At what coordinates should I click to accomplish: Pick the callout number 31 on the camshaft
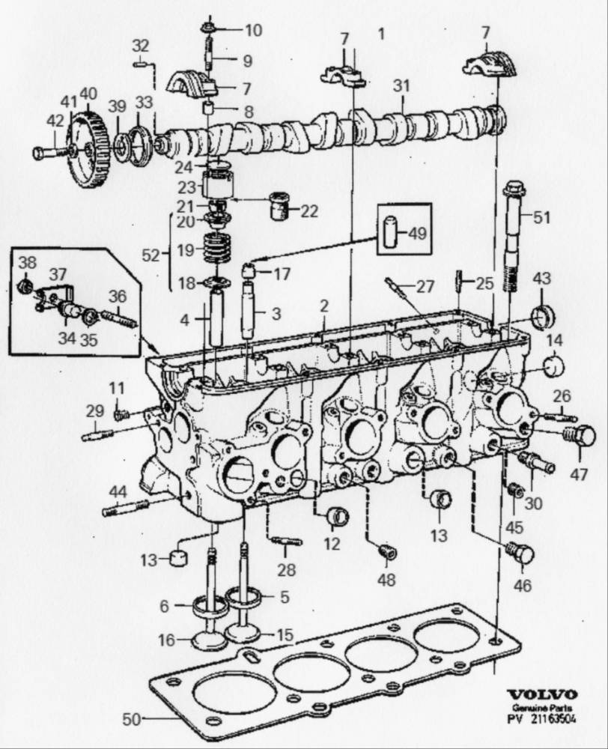[402, 88]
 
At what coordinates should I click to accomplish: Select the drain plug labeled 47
[580, 435]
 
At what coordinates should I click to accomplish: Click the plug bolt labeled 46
[521, 554]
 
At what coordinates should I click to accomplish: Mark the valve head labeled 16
[210, 641]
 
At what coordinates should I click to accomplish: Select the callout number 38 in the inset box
[27, 263]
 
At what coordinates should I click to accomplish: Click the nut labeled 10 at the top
[209, 30]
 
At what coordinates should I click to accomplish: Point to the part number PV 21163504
[542, 721]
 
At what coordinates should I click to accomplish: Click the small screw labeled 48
[387, 553]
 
